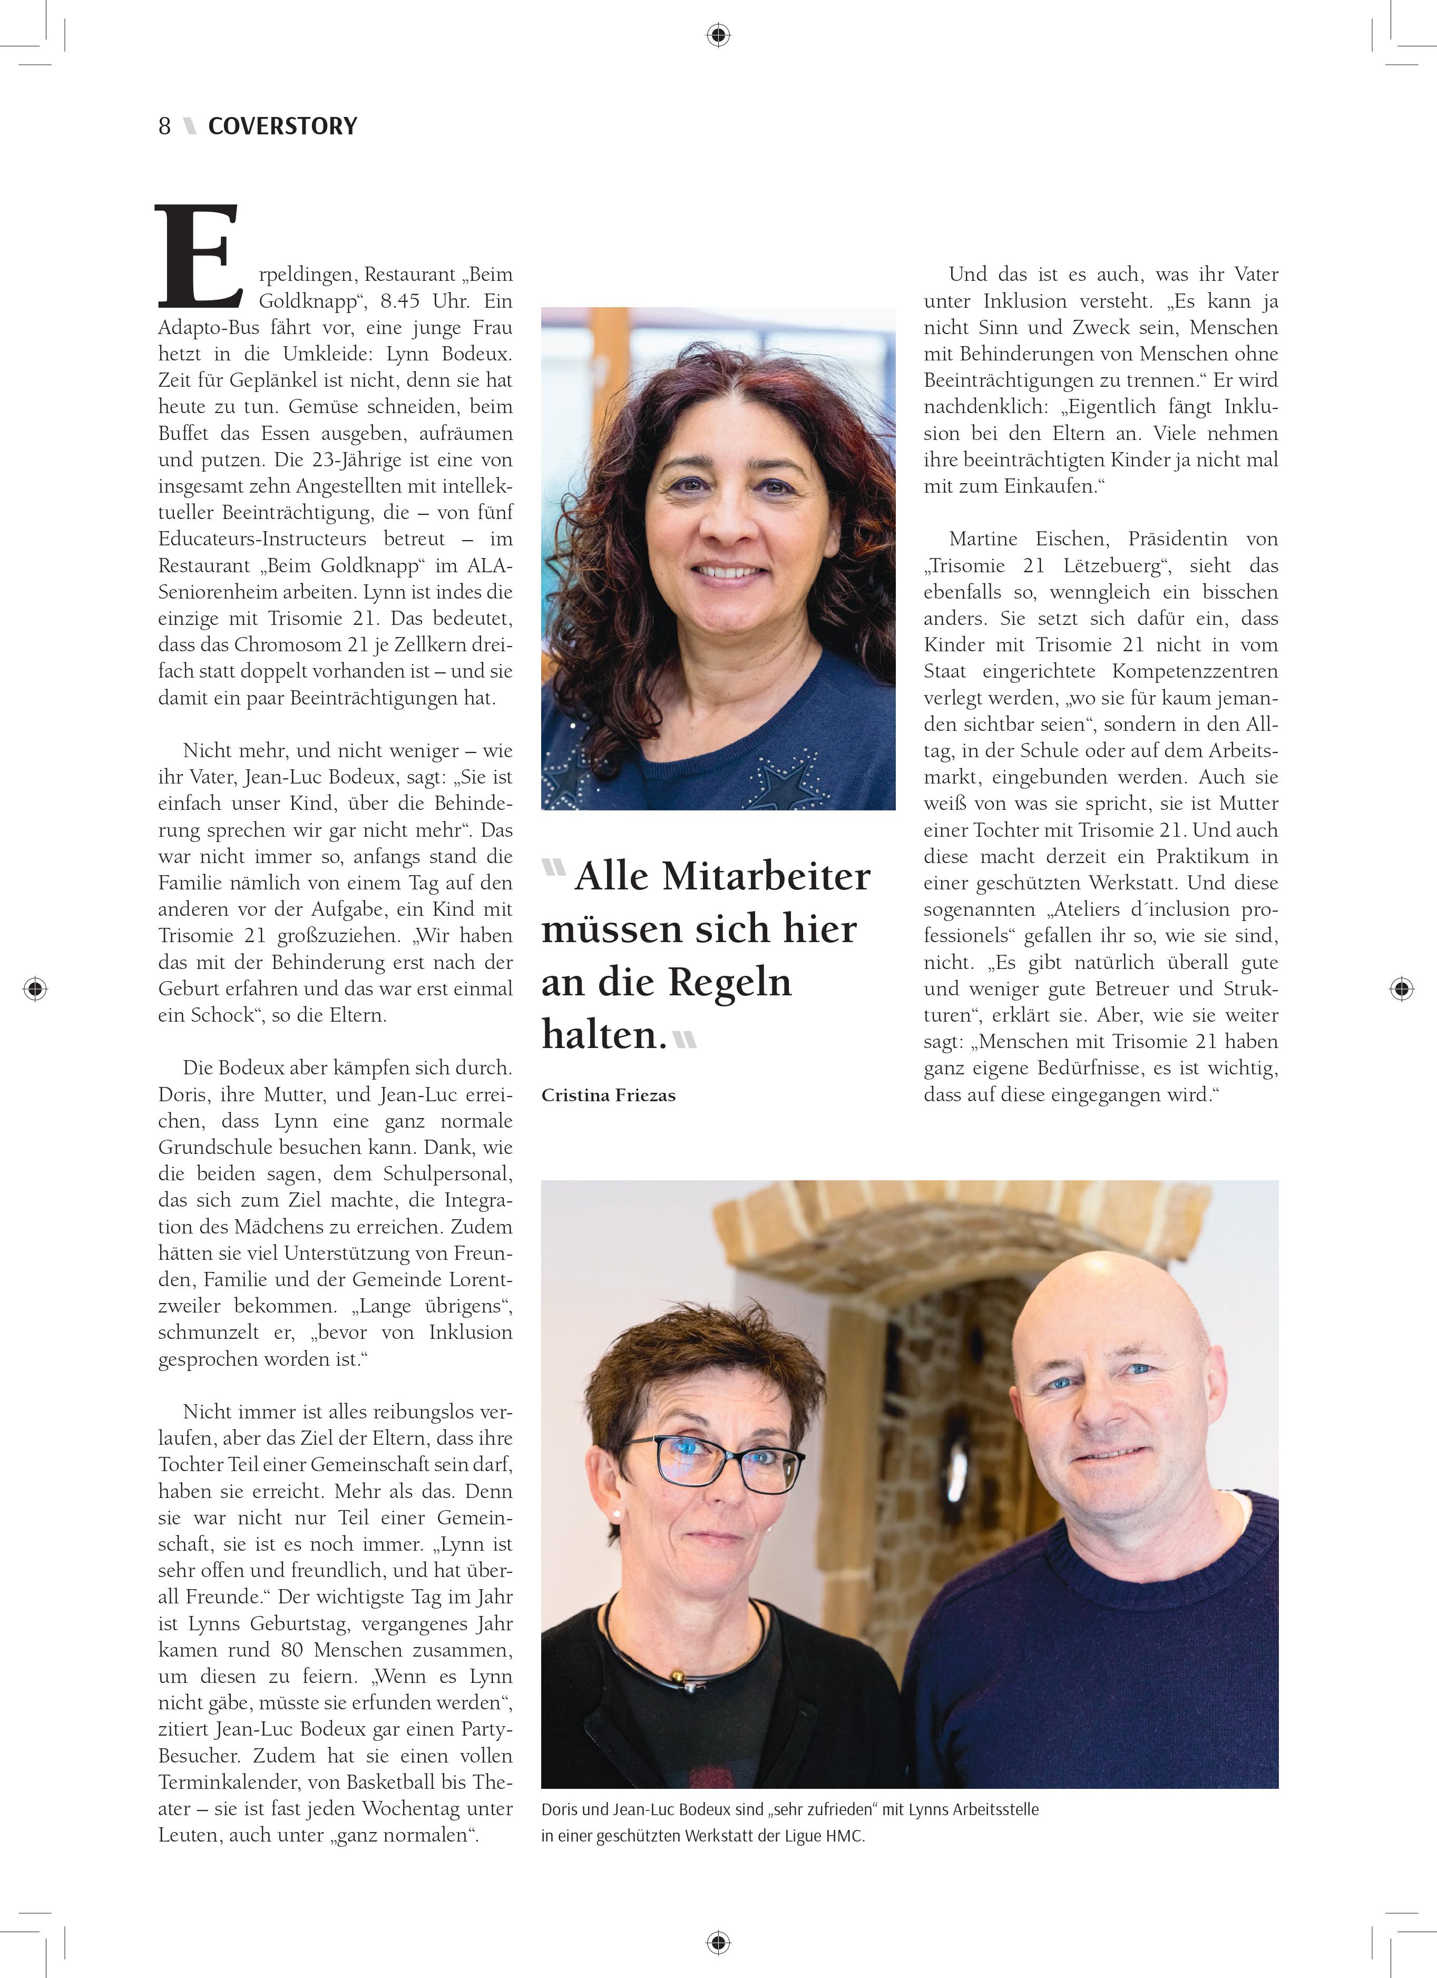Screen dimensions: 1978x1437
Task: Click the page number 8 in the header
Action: (x=164, y=126)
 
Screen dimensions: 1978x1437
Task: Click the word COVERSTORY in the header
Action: (x=282, y=126)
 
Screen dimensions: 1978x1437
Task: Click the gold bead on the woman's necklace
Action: (x=675, y=1676)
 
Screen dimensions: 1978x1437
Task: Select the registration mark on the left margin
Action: (x=35, y=988)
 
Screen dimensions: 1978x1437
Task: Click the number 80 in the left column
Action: (x=292, y=1650)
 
